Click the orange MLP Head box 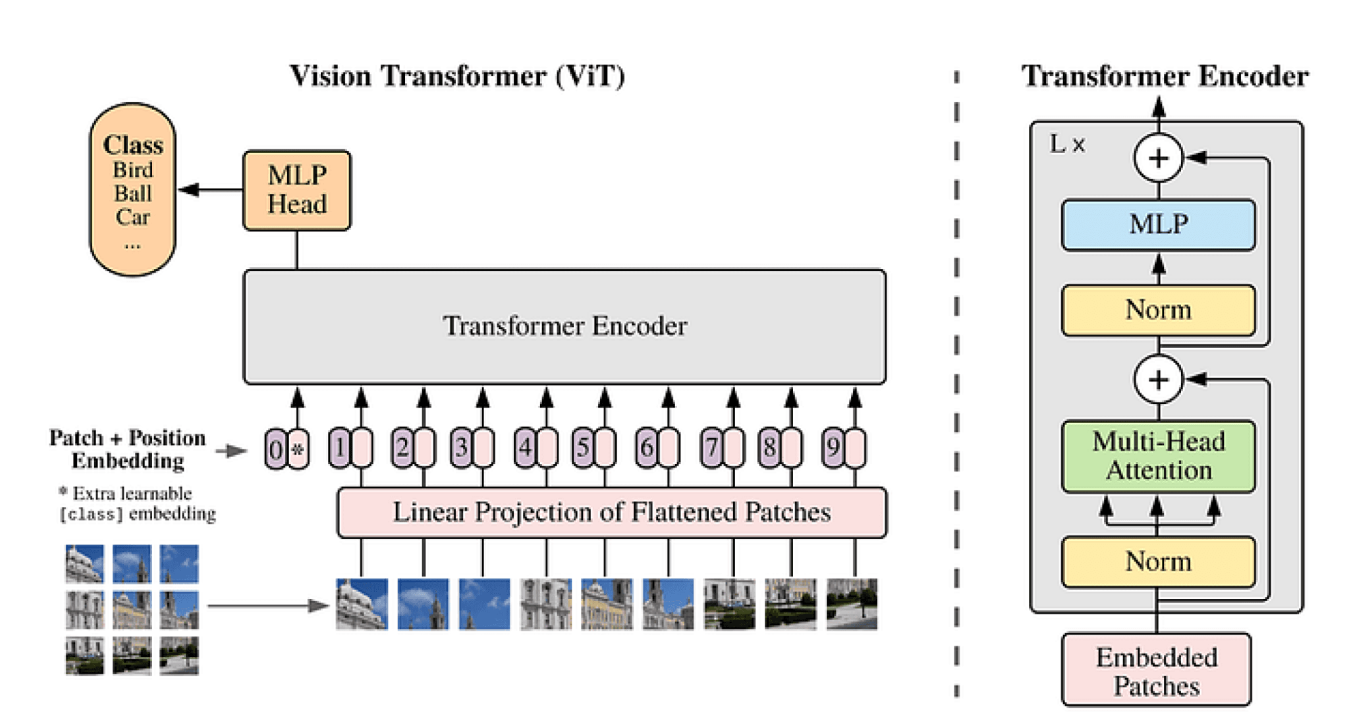[296, 190]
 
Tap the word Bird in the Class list [133, 170]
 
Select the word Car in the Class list [133, 217]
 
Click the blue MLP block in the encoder [1158, 225]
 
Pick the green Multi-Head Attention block [1158, 456]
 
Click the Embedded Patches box [1156, 670]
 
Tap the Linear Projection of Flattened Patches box [612, 513]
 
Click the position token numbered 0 [276, 449]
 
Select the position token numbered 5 [583, 448]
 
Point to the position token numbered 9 [833, 448]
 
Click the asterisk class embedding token [298, 449]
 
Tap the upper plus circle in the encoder [1159, 158]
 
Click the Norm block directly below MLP [1158, 310]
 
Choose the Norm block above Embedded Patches [1158, 562]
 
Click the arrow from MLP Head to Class [211, 190]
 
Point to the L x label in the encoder [1067, 144]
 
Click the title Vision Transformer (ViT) [457, 76]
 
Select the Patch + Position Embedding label [128, 449]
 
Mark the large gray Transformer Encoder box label [565, 326]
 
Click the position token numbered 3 [462, 448]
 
